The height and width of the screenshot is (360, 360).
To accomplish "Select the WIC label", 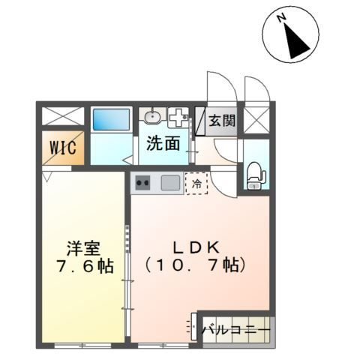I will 62,147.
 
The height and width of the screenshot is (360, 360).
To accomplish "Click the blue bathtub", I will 111,120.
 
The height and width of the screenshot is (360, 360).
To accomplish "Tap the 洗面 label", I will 163,142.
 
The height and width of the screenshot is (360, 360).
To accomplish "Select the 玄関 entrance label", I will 221,120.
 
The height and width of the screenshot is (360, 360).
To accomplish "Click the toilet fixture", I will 255,175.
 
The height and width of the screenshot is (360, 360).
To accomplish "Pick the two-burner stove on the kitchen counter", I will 143,181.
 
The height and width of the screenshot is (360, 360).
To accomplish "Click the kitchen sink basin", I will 169,182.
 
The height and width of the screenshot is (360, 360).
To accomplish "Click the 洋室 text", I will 79,248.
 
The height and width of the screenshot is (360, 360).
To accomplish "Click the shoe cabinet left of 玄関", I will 200,121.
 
